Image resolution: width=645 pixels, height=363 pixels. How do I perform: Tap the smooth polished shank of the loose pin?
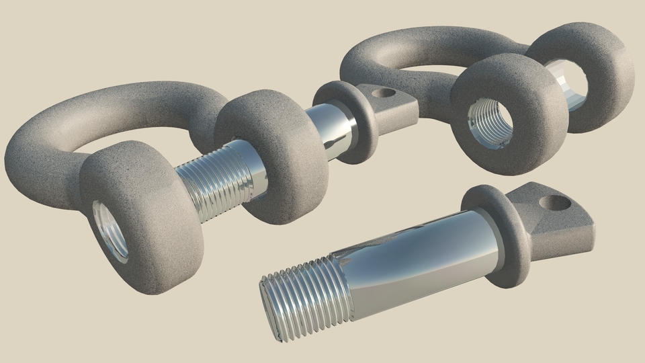click(417, 255)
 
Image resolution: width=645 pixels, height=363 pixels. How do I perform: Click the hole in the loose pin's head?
click(555, 201)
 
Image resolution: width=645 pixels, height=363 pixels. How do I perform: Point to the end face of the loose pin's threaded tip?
click(267, 306)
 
